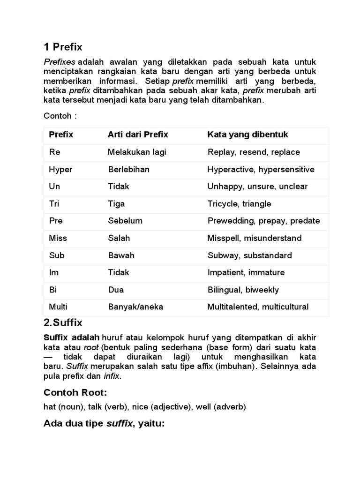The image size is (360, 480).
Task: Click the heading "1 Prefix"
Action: click(63, 47)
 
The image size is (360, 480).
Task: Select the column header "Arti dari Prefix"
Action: click(138, 135)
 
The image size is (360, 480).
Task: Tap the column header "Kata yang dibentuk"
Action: click(247, 135)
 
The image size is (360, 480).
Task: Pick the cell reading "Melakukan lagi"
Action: click(137, 152)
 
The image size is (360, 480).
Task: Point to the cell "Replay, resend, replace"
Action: click(253, 152)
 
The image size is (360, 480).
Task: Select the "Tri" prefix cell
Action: click(54, 204)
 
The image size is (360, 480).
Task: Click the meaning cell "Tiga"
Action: click(116, 204)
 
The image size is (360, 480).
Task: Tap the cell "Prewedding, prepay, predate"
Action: click(263, 221)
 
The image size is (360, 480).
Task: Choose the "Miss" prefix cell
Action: click(58, 238)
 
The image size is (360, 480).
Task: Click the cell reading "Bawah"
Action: click(121, 255)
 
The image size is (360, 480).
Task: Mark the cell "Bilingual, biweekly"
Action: click(243, 290)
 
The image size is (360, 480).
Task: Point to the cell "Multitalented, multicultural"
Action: click(258, 307)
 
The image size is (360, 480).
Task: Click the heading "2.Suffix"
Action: click(63, 322)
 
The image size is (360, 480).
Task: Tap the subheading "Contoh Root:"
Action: click(75, 392)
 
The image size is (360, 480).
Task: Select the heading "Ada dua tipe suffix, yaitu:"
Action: click(104, 424)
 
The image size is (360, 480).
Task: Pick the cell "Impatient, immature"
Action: click(246, 272)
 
